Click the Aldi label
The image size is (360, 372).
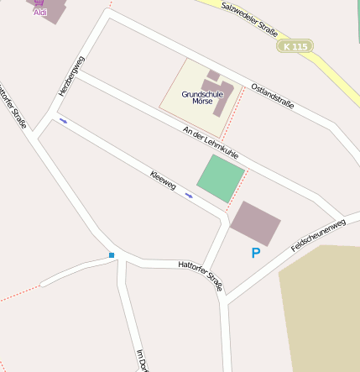pos(40,13)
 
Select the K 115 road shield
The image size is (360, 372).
pos(295,46)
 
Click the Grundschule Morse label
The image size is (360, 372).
pos(202,97)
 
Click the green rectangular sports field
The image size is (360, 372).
pos(221,178)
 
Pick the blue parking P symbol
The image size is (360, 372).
pos(256,252)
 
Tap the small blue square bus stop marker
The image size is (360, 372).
pos(111,254)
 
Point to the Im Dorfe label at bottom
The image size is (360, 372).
pos(143,360)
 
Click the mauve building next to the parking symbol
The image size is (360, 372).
pos(255,223)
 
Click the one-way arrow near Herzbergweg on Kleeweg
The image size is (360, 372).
pos(63,122)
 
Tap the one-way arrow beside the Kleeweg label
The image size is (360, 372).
pos(189,196)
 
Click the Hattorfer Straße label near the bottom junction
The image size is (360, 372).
pos(201,275)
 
